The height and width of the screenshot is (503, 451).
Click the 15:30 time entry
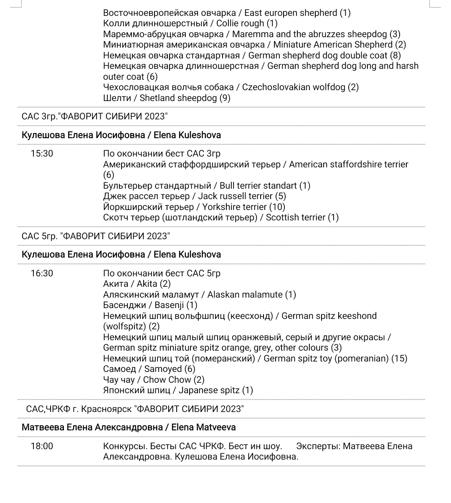point(42,154)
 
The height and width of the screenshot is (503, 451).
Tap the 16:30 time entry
point(42,273)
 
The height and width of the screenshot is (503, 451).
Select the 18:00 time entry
point(42,446)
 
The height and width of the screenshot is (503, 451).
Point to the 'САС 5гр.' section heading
point(96,236)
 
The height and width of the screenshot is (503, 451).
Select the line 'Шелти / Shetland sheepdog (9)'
point(167,98)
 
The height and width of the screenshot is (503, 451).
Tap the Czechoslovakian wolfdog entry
point(231,87)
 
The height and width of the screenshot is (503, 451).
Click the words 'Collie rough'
point(240,23)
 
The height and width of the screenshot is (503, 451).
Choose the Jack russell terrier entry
point(195,196)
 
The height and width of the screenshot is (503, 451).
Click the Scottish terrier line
point(221,217)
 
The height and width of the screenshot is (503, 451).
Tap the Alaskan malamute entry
point(200,295)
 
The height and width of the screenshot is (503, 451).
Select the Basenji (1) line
point(150,305)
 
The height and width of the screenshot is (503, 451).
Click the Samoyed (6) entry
point(149,369)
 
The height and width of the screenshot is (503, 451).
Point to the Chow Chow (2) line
point(154,380)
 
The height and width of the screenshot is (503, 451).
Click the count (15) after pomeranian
point(399,359)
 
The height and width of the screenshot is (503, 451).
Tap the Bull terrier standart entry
point(207,186)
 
